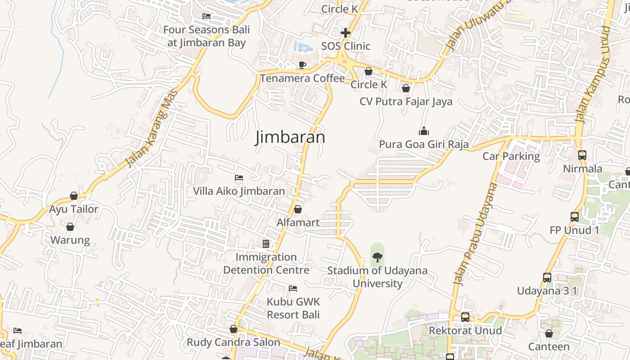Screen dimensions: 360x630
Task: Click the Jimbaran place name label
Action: click(290, 137)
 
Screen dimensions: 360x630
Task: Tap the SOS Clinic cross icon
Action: click(346, 33)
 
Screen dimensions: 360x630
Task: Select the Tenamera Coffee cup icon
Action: click(302, 65)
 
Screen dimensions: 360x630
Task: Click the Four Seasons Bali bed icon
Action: click(207, 16)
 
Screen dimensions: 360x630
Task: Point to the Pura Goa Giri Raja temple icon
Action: click(423, 131)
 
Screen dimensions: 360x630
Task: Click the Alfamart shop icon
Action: click(297, 209)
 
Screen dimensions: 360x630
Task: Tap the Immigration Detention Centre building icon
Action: click(266, 244)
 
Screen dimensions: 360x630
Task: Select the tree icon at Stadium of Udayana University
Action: click(378, 257)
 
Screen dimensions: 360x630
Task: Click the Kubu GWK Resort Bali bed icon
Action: click(293, 288)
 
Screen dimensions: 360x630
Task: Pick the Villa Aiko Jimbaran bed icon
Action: click(239, 178)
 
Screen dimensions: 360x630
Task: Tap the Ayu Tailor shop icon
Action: click(74, 196)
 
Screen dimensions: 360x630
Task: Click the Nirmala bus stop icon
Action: click(582, 155)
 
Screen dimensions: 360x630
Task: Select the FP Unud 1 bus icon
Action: click(575, 216)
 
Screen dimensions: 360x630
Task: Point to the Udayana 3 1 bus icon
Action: click(547, 277)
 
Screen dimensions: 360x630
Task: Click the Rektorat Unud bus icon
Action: click(465, 317)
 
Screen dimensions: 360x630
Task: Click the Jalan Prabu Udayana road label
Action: click(475, 234)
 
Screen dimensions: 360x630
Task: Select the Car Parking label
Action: click(511, 156)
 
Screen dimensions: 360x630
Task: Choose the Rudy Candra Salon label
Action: click(234, 342)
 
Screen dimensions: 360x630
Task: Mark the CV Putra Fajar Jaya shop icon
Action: click(406, 88)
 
